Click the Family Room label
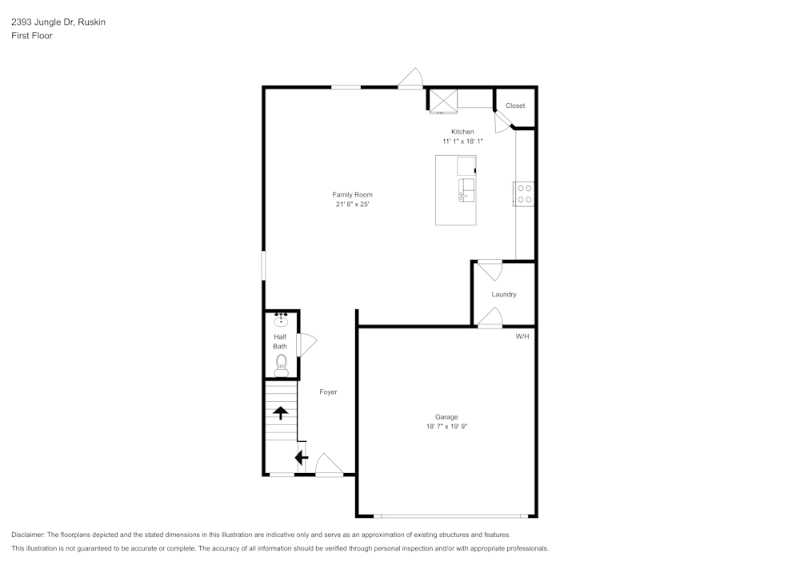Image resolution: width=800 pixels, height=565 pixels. (352, 194)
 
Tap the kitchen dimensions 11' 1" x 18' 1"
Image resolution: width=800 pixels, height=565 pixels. (462, 141)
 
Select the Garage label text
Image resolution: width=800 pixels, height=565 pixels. (446, 417)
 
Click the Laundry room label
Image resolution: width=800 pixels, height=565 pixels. (504, 294)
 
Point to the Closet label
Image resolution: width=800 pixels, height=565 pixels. (515, 105)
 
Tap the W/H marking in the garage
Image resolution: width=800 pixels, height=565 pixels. (522, 336)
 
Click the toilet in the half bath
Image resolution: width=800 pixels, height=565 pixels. (281, 365)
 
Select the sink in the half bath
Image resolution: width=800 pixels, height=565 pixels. (281, 321)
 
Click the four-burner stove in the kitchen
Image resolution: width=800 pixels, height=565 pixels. (525, 193)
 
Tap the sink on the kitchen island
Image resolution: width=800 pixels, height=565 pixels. (466, 190)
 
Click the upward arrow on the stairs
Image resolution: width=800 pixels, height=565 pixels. (281, 412)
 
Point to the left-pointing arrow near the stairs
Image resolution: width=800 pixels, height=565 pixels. (301, 458)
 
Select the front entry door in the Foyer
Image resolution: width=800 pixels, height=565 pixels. (329, 466)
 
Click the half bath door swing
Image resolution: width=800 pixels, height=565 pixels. (306, 344)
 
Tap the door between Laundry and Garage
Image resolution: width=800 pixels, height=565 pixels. (490, 319)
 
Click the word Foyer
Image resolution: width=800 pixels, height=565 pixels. (328, 392)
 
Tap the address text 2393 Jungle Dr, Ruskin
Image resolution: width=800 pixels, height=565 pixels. (58, 22)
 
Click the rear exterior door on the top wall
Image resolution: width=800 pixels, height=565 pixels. (411, 78)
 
